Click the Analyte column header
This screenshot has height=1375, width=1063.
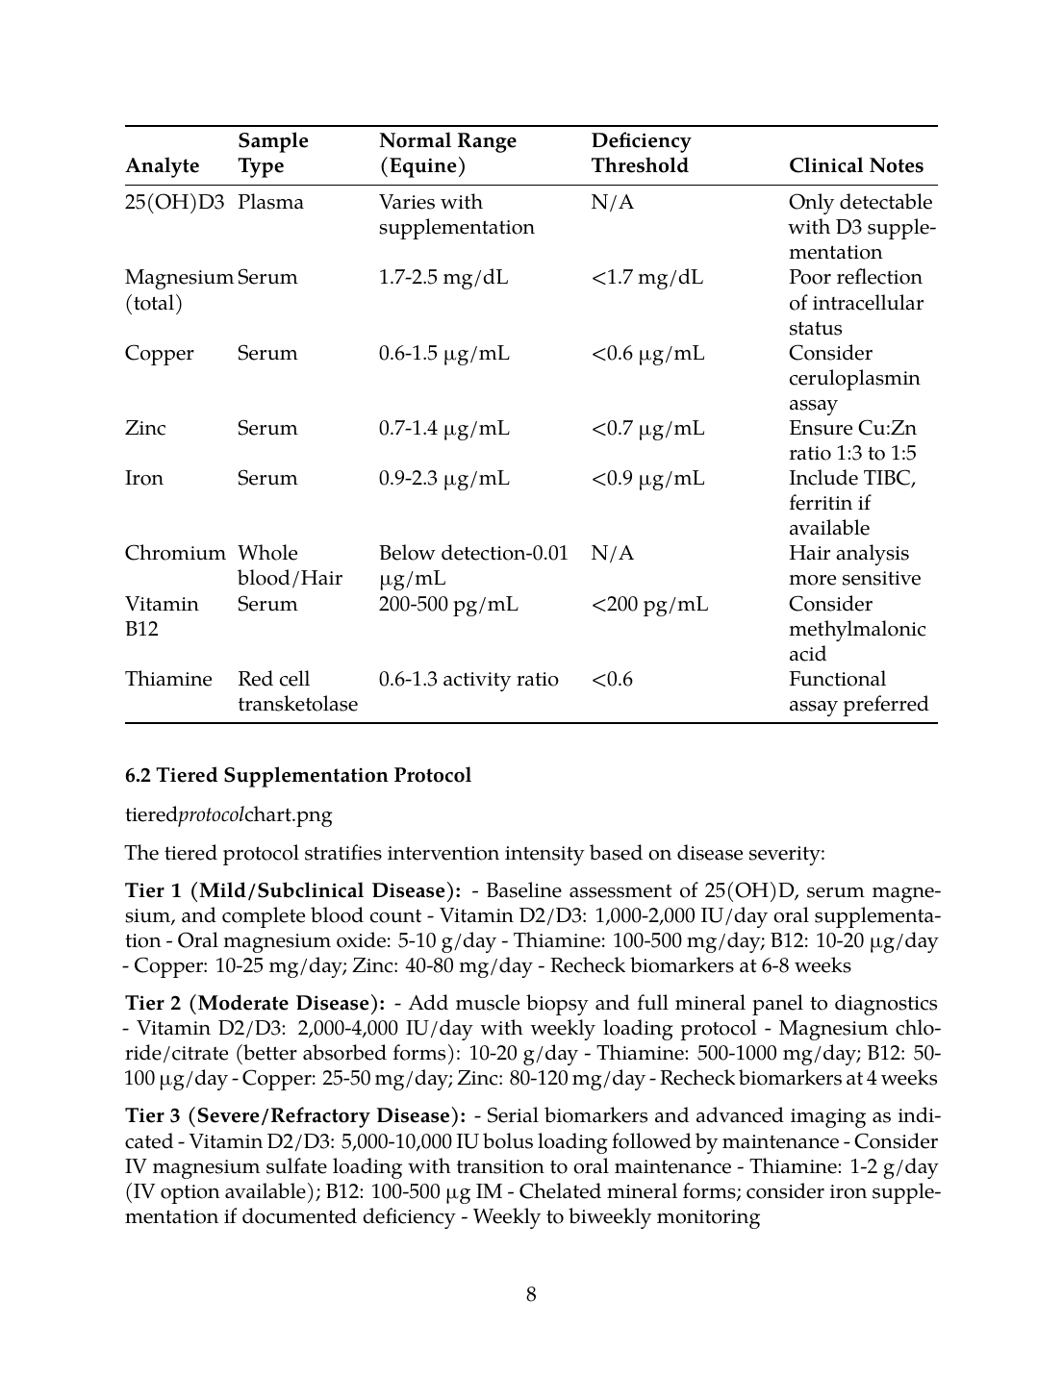tap(163, 166)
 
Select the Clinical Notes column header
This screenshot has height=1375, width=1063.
tap(855, 166)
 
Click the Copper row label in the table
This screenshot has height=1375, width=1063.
tap(159, 354)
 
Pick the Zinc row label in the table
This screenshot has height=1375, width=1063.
tap(145, 429)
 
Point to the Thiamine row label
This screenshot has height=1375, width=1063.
tap(168, 680)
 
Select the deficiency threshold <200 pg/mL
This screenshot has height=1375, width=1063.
tap(649, 605)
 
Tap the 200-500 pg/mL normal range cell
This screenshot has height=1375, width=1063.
tap(448, 605)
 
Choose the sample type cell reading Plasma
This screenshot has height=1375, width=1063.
tap(270, 203)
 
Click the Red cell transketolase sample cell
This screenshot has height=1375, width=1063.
tap(297, 692)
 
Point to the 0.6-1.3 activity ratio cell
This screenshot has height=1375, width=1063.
tap(468, 680)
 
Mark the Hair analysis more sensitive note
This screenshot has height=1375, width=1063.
tap(854, 566)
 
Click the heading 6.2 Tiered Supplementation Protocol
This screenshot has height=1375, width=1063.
tap(298, 776)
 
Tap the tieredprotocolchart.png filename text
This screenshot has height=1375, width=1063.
tap(229, 815)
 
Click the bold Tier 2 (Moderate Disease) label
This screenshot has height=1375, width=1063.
tap(255, 1004)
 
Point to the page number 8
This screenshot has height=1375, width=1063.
tap(531, 1295)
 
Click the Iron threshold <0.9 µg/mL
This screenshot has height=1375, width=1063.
tap(648, 479)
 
